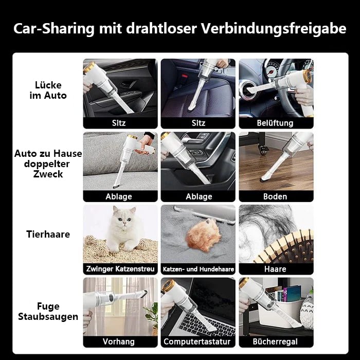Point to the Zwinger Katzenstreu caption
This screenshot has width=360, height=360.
click(120, 269)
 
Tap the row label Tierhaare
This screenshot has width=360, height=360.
click(48, 234)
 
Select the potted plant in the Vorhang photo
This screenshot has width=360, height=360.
click(152, 314)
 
